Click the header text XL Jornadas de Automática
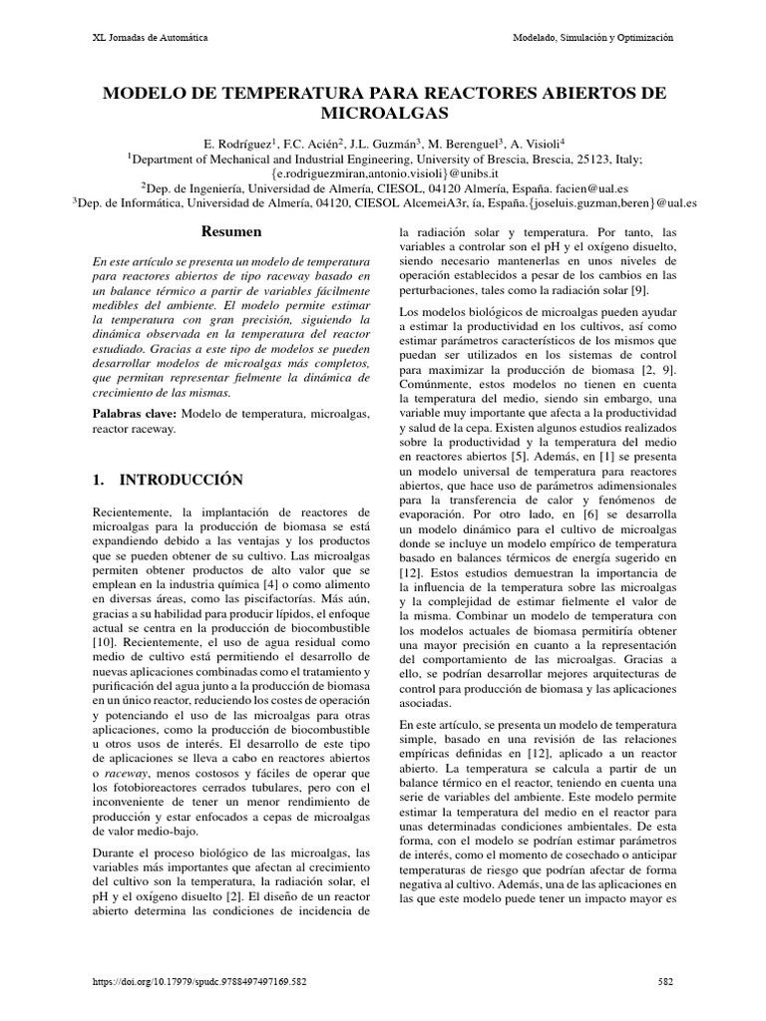tap(150, 37)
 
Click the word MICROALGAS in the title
tap(384, 115)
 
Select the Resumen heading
tap(231, 231)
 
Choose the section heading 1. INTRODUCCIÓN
tap(168, 481)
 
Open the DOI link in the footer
tap(199, 981)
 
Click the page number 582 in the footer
tap(666, 981)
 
